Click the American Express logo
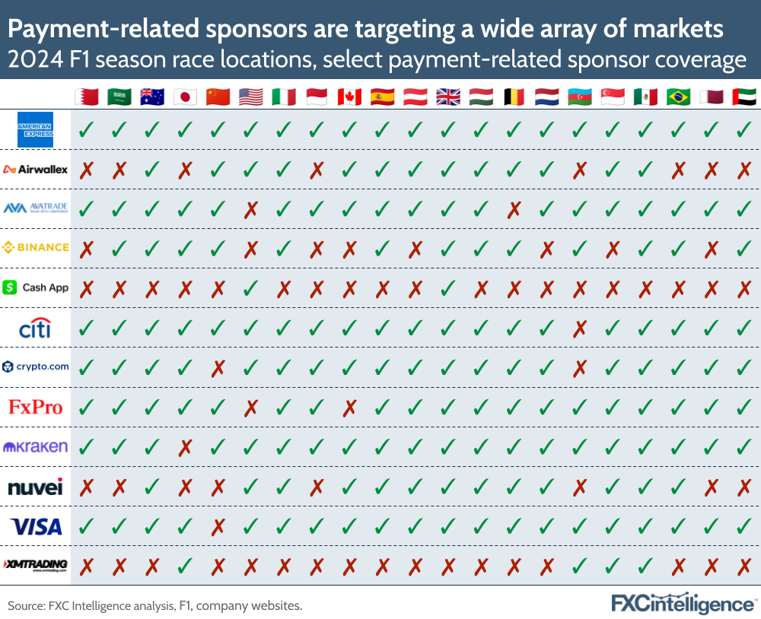(x=36, y=129)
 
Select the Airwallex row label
(x=36, y=169)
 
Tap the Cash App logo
(x=36, y=287)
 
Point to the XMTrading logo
(x=36, y=565)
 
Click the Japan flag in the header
(x=184, y=97)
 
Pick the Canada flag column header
(x=349, y=97)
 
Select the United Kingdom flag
(x=447, y=97)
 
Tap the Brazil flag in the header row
(x=678, y=97)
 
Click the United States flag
(x=250, y=97)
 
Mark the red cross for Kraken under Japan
(x=184, y=446)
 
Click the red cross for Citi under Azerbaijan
(x=580, y=328)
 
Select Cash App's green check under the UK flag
(x=447, y=287)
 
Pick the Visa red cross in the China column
(x=217, y=525)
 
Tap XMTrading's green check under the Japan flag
(x=184, y=565)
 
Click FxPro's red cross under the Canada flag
(x=349, y=407)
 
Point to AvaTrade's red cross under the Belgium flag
(x=514, y=208)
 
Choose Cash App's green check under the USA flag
(x=250, y=287)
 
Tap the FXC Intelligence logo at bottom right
(x=683, y=603)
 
